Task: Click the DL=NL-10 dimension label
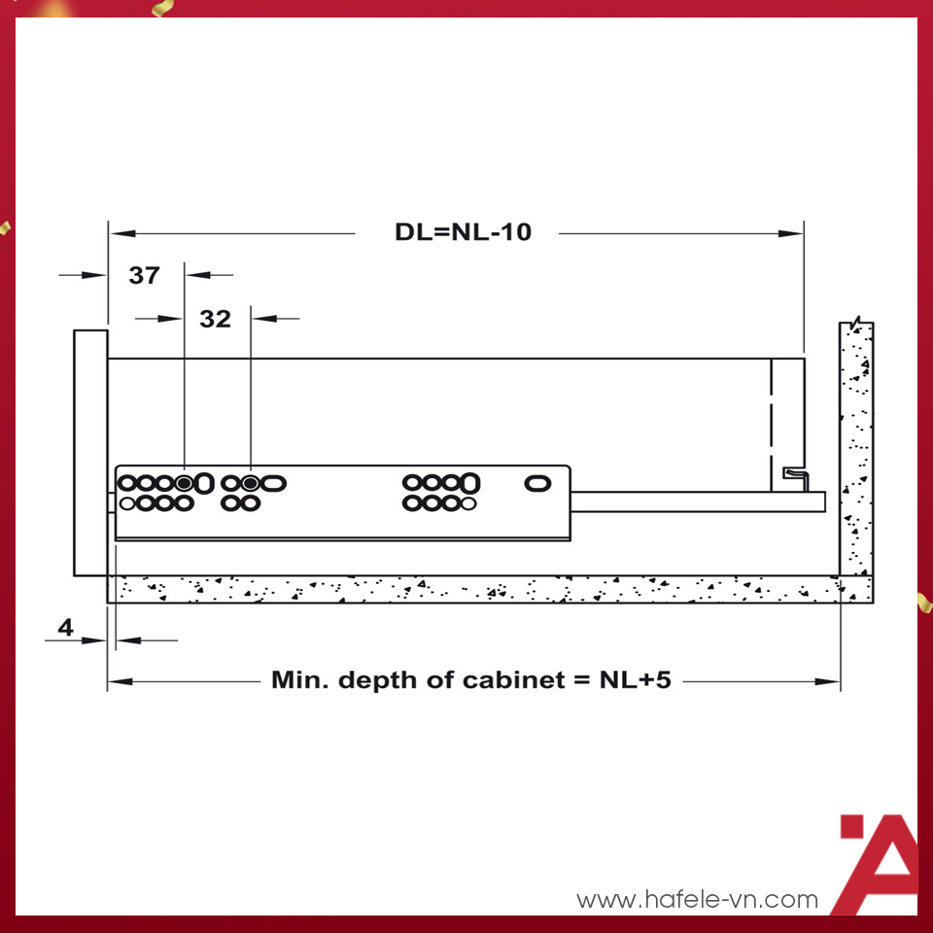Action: coord(463,232)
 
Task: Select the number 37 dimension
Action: coord(144,275)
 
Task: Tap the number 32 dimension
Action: coord(215,318)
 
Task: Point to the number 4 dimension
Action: coord(65,628)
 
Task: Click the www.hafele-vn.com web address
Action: coord(697,900)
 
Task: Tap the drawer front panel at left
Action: coord(90,453)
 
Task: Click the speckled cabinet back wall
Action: coord(856,447)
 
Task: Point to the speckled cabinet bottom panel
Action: coord(476,589)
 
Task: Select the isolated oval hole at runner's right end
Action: coord(536,482)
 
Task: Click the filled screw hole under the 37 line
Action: coord(185,482)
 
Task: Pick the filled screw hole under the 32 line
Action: coord(251,482)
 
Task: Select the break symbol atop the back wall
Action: coord(854,322)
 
